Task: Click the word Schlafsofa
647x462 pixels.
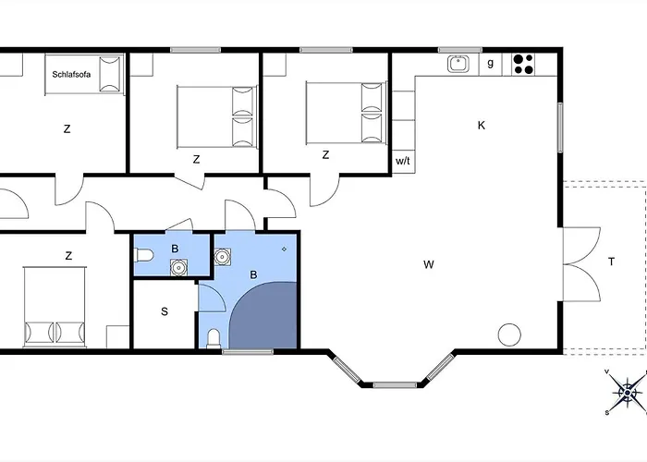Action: point(71,75)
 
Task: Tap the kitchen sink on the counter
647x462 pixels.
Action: point(458,64)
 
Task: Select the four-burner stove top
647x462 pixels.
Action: point(524,64)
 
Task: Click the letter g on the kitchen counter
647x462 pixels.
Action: point(490,63)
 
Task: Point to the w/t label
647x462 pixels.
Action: point(403,161)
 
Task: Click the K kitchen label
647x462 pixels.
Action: point(482,126)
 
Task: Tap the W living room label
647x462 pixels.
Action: point(429,264)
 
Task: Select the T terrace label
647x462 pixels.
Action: point(611,261)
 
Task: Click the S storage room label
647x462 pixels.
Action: point(165,311)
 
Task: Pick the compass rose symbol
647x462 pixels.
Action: point(628,393)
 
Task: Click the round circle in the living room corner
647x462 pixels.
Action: point(509,334)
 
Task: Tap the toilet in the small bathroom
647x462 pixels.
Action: point(144,255)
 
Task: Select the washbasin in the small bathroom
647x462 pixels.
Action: point(178,267)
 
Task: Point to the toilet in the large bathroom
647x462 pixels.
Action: point(214,339)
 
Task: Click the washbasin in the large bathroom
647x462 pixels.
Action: point(223,257)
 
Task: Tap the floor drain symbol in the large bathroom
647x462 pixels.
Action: point(284,249)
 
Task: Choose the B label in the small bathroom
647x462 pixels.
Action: point(175,249)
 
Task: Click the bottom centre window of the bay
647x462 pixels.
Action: point(395,385)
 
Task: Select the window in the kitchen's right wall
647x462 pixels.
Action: point(560,128)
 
